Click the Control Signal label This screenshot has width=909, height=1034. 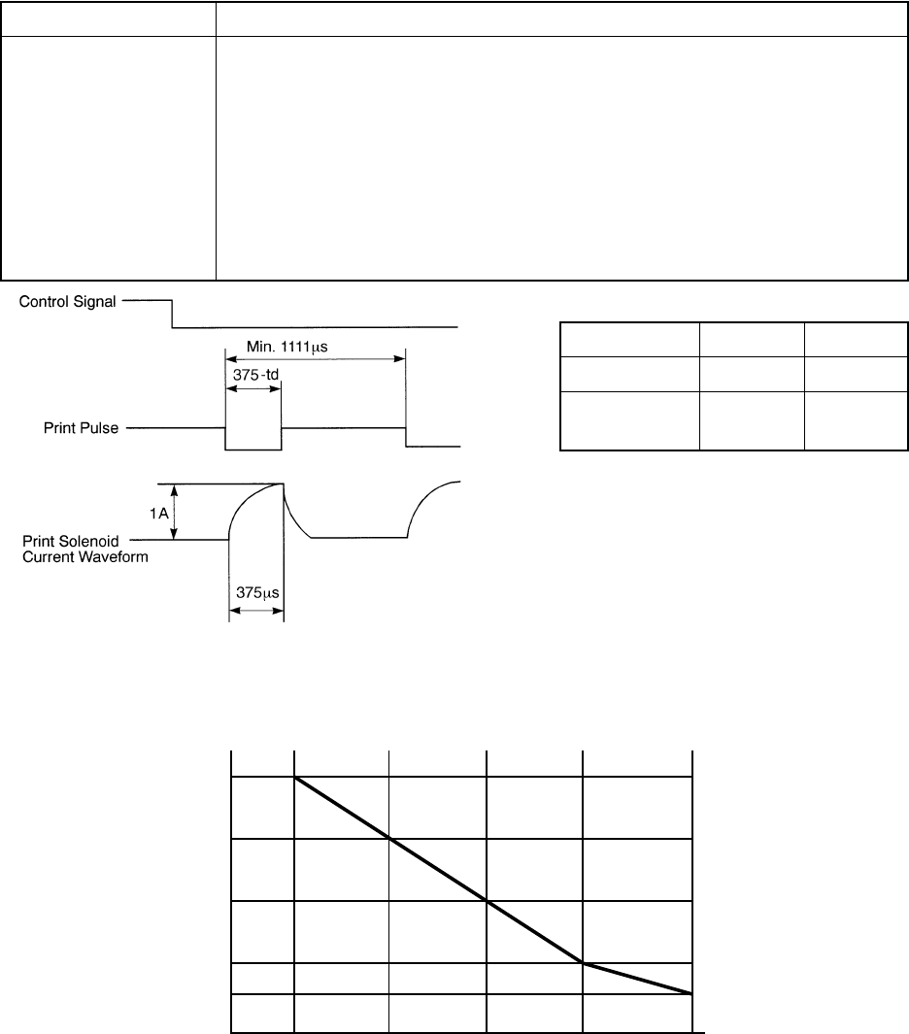(x=68, y=302)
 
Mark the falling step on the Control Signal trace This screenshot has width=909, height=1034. (x=172, y=315)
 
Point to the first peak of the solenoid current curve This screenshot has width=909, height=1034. (x=283, y=484)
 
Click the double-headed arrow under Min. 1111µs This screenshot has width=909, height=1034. (x=316, y=358)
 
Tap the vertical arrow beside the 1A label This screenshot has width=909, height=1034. (x=174, y=511)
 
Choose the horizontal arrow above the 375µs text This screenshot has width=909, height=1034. (x=255, y=612)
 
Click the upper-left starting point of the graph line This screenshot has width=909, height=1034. (x=295, y=777)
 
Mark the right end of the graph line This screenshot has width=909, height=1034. (x=690, y=993)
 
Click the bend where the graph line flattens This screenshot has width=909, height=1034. (x=583, y=962)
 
